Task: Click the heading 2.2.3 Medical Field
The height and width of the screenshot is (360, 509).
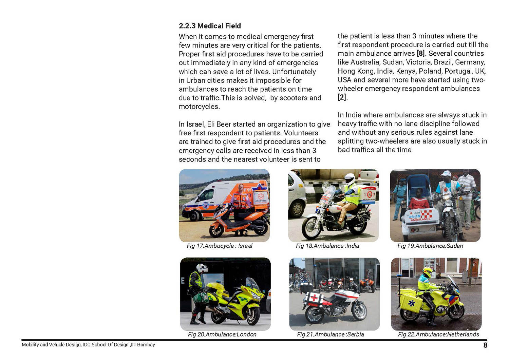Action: [x=210, y=26]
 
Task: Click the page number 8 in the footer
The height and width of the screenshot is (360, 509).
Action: [x=485, y=345]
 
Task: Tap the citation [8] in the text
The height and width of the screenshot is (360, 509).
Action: [x=420, y=54]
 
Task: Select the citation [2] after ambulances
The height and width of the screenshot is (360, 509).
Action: [x=342, y=97]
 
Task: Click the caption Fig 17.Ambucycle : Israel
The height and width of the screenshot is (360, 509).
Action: [x=220, y=246]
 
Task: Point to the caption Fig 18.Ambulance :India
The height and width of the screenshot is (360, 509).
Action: [x=327, y=246]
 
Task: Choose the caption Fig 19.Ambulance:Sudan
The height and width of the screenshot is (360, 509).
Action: [x=430, y=246]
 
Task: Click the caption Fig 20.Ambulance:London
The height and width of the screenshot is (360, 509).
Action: [x=222, y=335]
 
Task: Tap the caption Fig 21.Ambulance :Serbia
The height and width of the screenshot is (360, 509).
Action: [x=330, y=335]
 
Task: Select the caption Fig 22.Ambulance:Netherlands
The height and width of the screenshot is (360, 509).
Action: [x=438, y=335]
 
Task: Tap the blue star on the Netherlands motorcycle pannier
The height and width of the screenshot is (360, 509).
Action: [x=412, y=303]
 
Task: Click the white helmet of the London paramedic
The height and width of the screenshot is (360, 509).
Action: [x=202, y=268]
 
